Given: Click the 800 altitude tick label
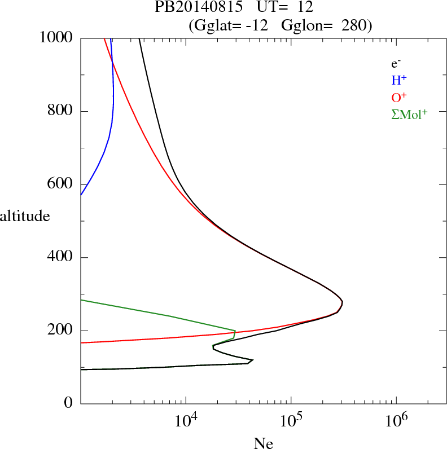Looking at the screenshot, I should pyautogui.click(x=61, y=111).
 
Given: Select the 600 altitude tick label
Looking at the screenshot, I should pyautogui.click(x=61, y=184).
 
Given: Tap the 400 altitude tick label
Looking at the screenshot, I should pyautogui.click(x=61, y=257).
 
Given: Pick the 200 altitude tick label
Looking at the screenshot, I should pyautogui.click(x=61, y=331).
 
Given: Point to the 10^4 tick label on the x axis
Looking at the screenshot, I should pyautogui.click(x=185, y=420).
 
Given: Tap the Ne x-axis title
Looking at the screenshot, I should pyautogui.click(x=262, y=443).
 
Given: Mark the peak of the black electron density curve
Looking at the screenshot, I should pyautogui.click(x=342, y=302).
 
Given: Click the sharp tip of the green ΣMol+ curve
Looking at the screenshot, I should pyautogui.click(x=235, y=331).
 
